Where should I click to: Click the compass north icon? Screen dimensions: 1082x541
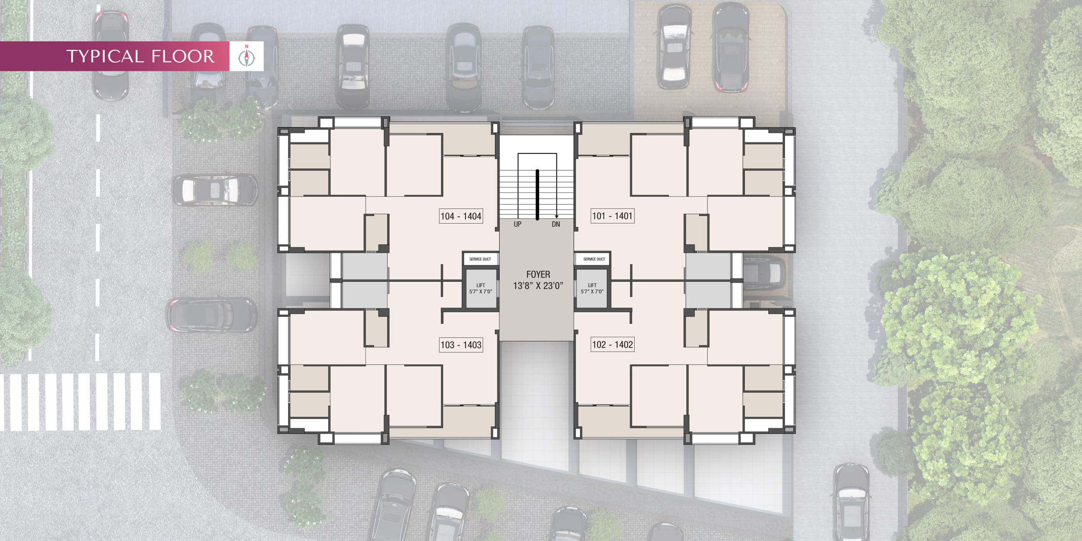click(247, 56)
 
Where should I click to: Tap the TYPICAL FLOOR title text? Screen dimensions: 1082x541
click(140, 56)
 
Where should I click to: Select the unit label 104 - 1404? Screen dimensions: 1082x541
click(461, 216)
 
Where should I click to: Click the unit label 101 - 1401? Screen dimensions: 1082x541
click(612, 216)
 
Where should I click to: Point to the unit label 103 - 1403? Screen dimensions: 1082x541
click(461, 345)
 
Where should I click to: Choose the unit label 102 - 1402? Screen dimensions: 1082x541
click(612, 344)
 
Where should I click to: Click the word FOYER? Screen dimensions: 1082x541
click(538, 274)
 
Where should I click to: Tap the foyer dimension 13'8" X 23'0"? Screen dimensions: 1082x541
click(538, 285)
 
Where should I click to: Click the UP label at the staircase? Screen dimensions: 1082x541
click(518, 224)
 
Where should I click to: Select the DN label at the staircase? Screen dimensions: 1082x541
click(556, 224)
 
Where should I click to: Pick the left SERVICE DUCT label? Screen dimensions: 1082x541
click(480, 259)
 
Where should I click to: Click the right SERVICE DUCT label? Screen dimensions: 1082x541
click(594, 259)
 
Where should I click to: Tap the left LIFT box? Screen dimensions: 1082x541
click(481, 289)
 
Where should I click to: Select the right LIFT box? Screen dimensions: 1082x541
click(592, 289)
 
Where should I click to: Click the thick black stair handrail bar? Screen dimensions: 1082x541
click(537, 195)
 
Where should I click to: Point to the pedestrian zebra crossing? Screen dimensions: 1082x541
click(80, 402)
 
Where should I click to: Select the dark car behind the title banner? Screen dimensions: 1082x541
click(111, 55)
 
